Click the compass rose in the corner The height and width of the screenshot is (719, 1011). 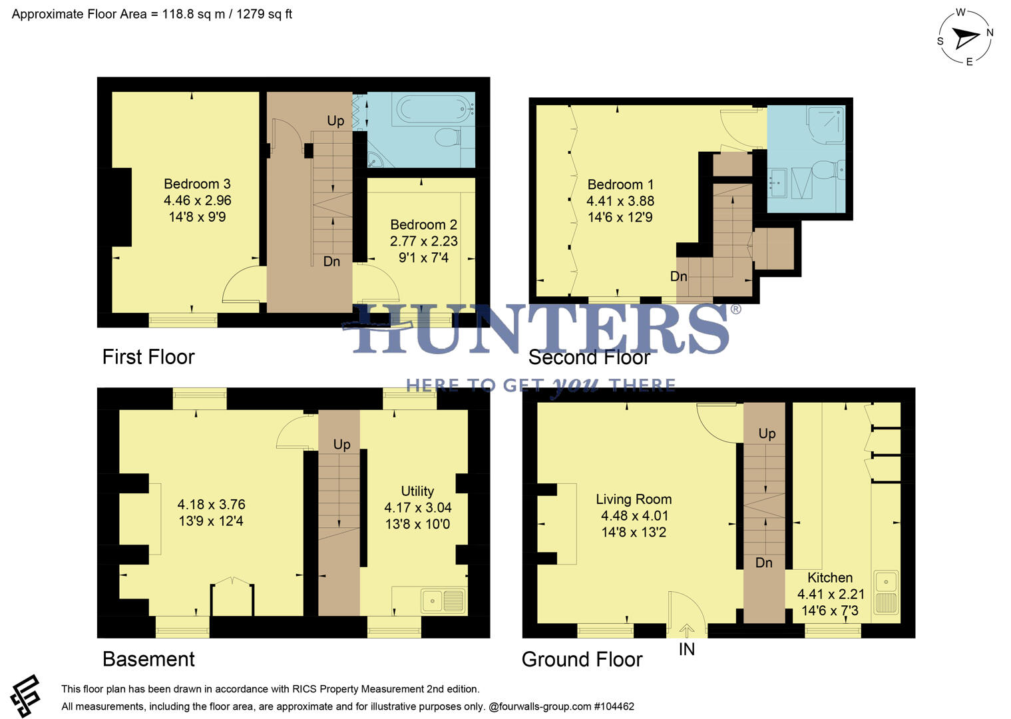[965, 37]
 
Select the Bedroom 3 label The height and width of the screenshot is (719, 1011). [197, 184]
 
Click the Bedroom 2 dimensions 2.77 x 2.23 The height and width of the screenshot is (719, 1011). [423, 241]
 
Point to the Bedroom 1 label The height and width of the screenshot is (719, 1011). [620, 184]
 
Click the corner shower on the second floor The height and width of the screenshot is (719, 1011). [825, 124]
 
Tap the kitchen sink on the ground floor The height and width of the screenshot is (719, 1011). [886, 592]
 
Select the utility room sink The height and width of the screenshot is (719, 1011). [443, 601]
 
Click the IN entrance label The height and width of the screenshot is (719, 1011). [686, 650]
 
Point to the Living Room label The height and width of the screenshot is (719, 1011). [633, 499]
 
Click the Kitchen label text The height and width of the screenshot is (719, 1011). [829, 578]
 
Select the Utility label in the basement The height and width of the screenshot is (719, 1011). [417, 491]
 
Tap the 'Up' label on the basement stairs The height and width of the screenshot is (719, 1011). [341, 445]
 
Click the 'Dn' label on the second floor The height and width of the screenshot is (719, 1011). [678, 276]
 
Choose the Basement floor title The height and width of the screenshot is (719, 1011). [148, 659]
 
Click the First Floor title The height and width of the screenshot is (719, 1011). [148, 357]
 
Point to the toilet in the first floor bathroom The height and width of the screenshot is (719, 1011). [447, 138]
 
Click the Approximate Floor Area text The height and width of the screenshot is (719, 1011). [152, 14]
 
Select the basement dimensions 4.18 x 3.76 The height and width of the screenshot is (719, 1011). [211, 505]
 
